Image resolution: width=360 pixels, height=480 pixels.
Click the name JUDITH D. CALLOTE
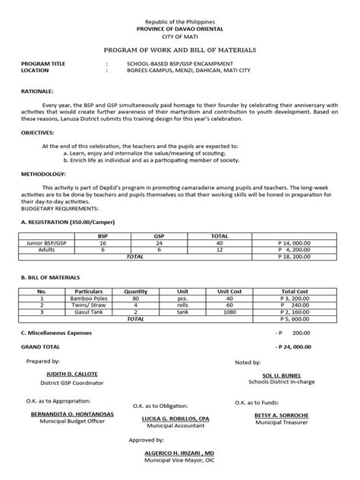[x=71, y=373]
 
